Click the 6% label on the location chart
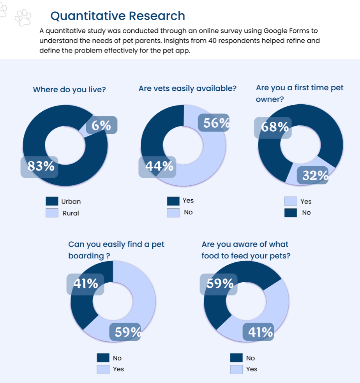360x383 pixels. [101, 125]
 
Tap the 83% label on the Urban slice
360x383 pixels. [41, 166]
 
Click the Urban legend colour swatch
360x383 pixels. [52, 201]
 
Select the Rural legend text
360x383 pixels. [71, 213]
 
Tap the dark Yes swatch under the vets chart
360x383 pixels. [173, 201]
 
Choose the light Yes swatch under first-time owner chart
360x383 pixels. [291, 201]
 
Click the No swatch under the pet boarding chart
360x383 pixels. [103, 358]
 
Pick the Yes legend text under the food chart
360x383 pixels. [252, 369]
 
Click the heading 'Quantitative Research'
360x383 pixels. [118, 16]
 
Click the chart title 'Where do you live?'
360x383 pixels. [69, 90]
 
